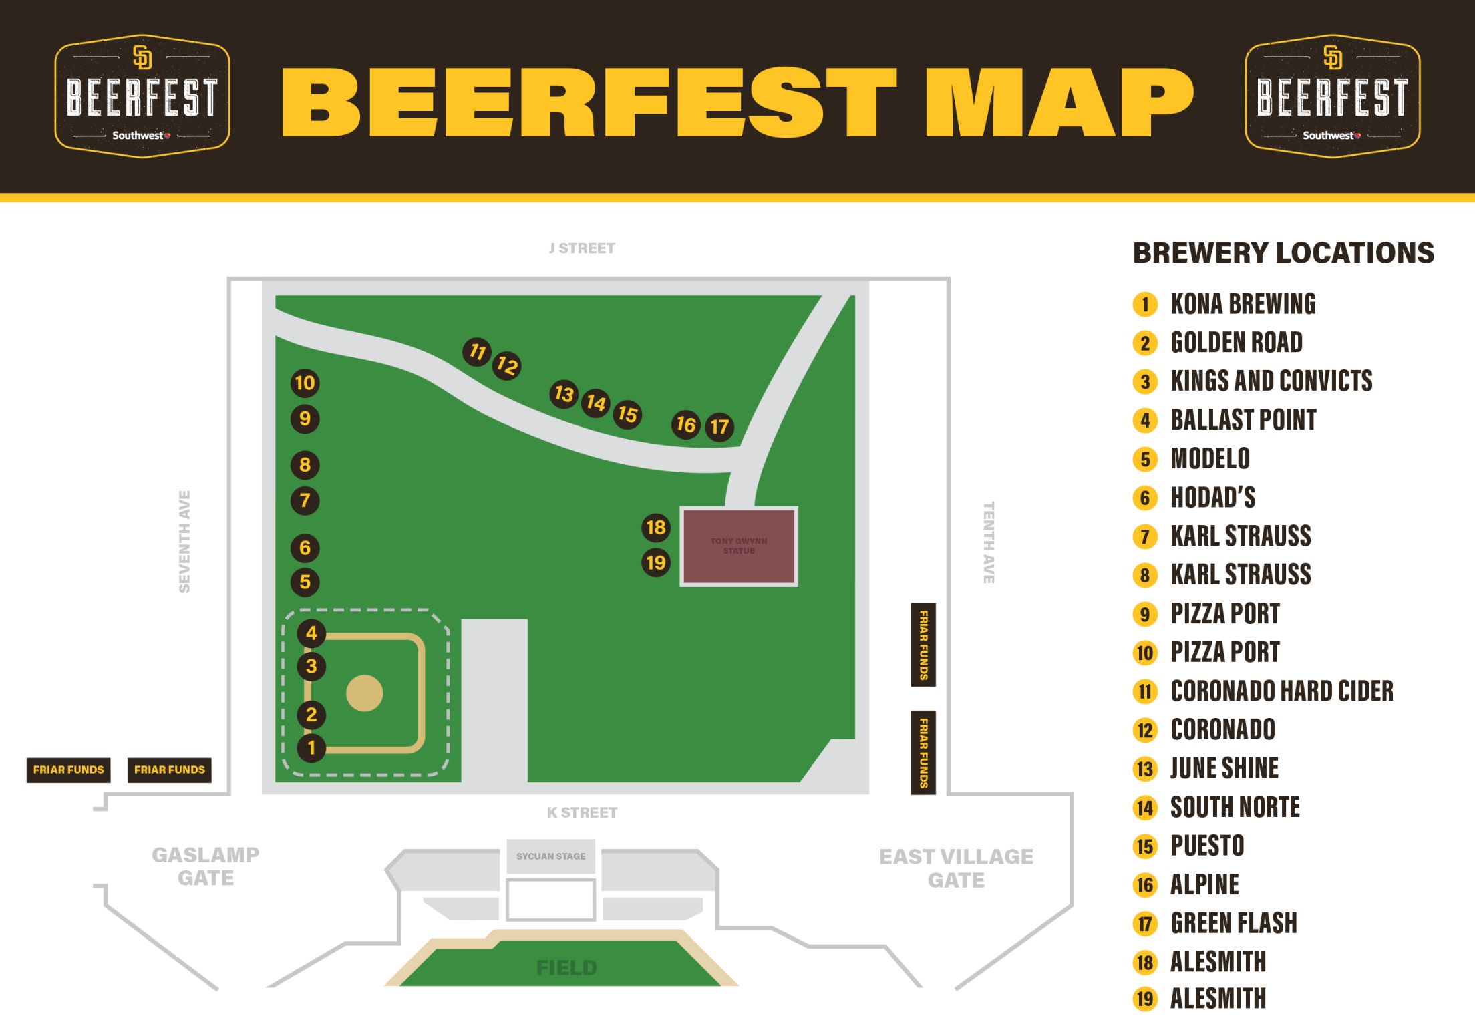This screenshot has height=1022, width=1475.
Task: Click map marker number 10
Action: coord(305,383)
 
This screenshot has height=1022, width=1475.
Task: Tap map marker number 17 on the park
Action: coord(719,427)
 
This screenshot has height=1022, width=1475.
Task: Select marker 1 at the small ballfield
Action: coord(311,747)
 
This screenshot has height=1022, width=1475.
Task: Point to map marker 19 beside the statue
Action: coord(656,562)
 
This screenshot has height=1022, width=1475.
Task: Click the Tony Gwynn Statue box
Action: coord(739,546)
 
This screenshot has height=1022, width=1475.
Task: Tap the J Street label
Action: coord(582,248)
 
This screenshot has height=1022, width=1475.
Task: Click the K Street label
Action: coord(582,812)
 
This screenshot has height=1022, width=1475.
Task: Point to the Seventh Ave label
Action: coord(184,542)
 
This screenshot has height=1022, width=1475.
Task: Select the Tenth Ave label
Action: coord(989,542)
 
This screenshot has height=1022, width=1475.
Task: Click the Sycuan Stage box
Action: coord(550,856)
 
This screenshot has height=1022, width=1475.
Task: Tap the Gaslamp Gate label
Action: coord(206,866)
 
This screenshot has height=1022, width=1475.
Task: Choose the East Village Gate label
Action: coord(956,868)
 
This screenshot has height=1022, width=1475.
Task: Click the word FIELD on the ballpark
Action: coord(566,968)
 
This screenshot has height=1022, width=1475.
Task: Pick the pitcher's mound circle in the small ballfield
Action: coord(365,693)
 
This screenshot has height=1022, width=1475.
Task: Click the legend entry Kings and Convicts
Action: coord(1271,381)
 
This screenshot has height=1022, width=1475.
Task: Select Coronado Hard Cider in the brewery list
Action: coord(1281,691)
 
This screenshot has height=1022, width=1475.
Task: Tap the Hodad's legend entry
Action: coord(1212,498)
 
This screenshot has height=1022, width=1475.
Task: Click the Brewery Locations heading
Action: coord(1283,253)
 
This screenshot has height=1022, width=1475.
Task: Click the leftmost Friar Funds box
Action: coord(68,770)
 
